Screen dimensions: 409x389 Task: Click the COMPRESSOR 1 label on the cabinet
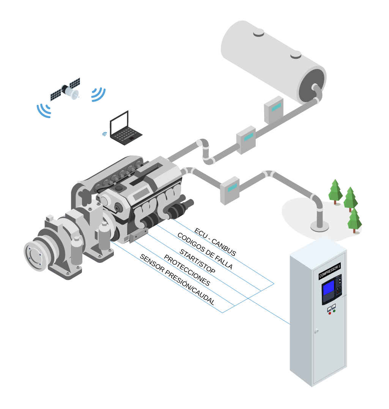click(x=329, y=271)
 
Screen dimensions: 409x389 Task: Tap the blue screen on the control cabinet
click(x=328, y=290)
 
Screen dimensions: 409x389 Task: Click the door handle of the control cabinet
click(x=316, y=331)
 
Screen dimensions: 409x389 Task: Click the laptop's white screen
click(x=119, y=123)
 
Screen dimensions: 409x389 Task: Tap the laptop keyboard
click(x=126, y=135)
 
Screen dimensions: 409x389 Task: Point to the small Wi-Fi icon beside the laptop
click(x=104, y=134)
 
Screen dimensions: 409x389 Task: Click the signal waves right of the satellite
click(x=98, y=94)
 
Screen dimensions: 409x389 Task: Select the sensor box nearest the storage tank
click(x=274, y=109)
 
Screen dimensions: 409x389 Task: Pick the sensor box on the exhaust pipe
click(x=230, y=190)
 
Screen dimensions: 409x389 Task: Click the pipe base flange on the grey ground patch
click(x=320, y=226)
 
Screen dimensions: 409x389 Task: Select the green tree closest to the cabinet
click(x=354, y=220)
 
